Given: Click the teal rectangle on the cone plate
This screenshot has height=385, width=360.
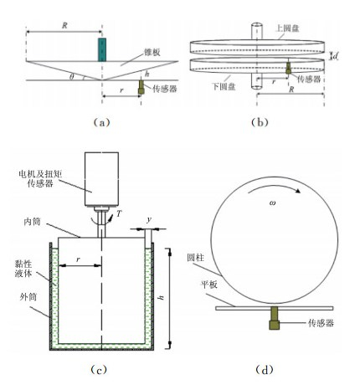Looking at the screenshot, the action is pos(102,50).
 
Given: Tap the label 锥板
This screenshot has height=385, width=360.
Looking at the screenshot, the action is pos(152,52).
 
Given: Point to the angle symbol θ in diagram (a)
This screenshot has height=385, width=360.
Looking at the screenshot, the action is pos(72,77).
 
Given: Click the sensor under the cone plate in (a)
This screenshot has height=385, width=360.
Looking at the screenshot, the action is pos(141,87).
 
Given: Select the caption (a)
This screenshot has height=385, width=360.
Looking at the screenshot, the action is pos(101,122).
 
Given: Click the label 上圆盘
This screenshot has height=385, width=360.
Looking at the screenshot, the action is pos(288,28).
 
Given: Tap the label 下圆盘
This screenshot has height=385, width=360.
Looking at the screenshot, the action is pos(224,87).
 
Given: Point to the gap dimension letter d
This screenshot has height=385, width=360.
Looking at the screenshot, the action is pos(336,56).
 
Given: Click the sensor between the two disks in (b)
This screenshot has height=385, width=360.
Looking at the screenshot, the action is pos(288,68).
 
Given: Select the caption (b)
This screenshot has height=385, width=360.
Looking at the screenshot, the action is pos(260,122).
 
